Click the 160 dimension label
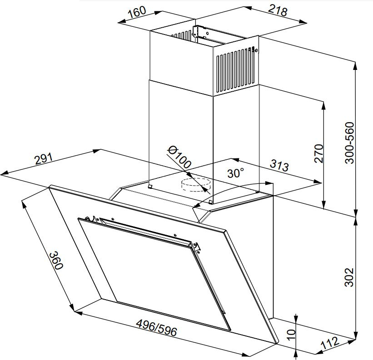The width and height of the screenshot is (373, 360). pyautogui.click(x=137, y=12)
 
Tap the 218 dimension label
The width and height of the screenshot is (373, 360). pyautogui.click(x=278, y=10)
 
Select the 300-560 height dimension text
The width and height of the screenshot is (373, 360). pyautogui.click(x=349, y=143)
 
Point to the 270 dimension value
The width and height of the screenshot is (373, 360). pyautogui.click(x=319, y=153)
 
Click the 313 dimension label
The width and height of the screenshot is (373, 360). pyautogui.click(x=279, y=165)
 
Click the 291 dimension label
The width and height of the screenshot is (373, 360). pyautogui.click(x=44, y=159)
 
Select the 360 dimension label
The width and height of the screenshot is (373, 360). pyautogui.click(x=56, y=260)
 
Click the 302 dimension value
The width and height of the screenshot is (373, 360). pyautogui.click(x=349, y=277)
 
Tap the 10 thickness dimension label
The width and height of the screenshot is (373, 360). pyautogui.click(x=291, y=335)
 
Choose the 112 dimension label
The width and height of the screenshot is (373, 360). pyautogui.click(x=330, y=343)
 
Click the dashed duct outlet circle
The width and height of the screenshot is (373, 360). pyautogui.click(x=196, y=185)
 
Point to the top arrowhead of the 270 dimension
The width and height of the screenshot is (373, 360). pyautogui.click(x=323, y=106)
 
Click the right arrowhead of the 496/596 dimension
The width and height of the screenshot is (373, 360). pyautogui.click(x=246, y=355)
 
